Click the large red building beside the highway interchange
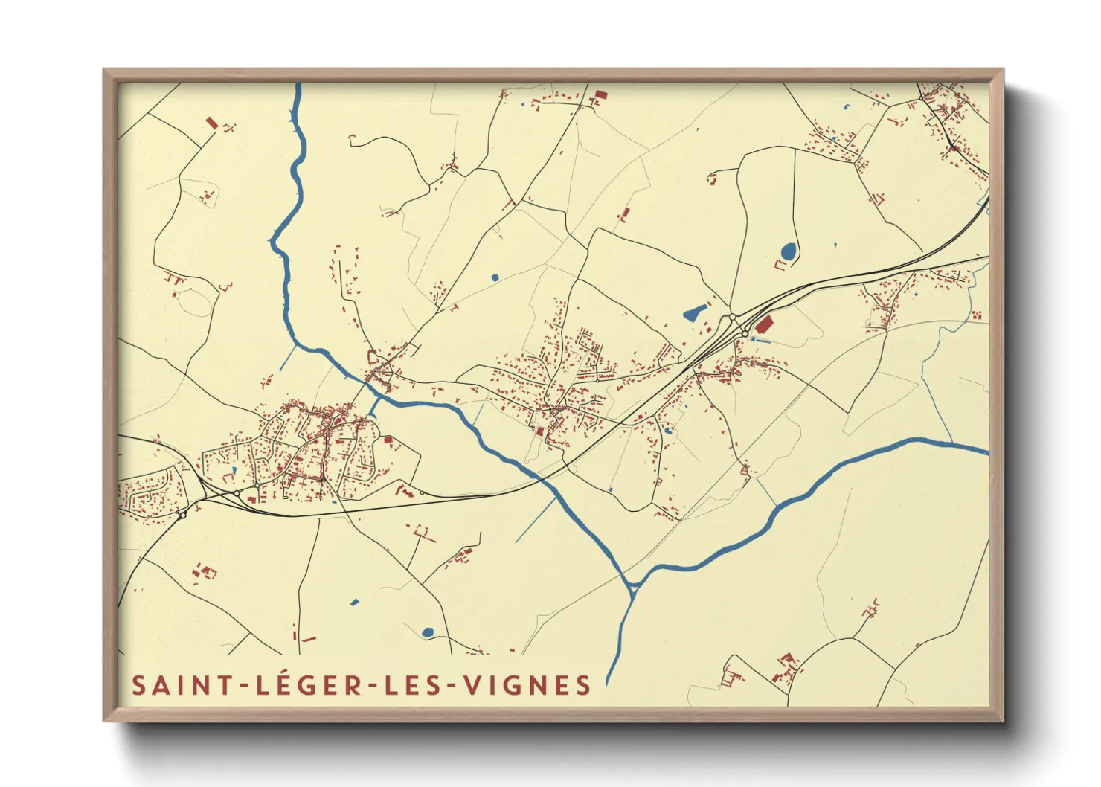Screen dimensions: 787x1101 pos(764,324)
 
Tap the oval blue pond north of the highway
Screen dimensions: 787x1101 pos(787,251)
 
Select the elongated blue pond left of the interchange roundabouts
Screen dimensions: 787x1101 pos(694,312)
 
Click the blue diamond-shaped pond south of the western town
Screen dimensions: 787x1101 pos(354,601)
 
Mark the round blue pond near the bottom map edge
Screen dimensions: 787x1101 pos(428,632)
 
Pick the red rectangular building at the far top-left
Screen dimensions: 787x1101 pos(211,123)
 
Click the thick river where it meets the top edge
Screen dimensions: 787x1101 pos(298,86)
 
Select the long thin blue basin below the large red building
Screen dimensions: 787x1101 pos(763,341)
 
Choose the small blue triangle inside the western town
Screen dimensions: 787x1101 pos(234,470)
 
